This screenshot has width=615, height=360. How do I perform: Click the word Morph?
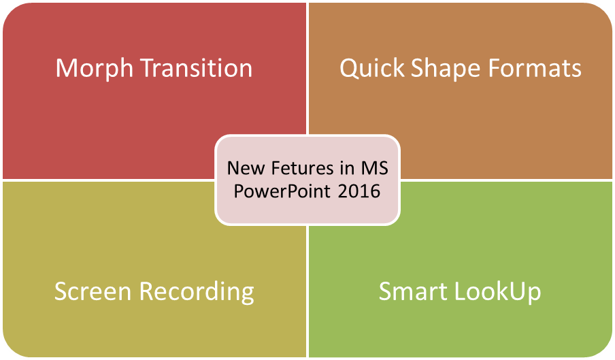[95, 69]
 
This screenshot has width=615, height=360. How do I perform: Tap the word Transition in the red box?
[196, 68]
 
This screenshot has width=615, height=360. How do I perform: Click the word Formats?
[535, 68]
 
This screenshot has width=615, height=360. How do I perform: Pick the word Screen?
[93, 291]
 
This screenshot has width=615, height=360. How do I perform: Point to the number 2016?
[359, 192]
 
